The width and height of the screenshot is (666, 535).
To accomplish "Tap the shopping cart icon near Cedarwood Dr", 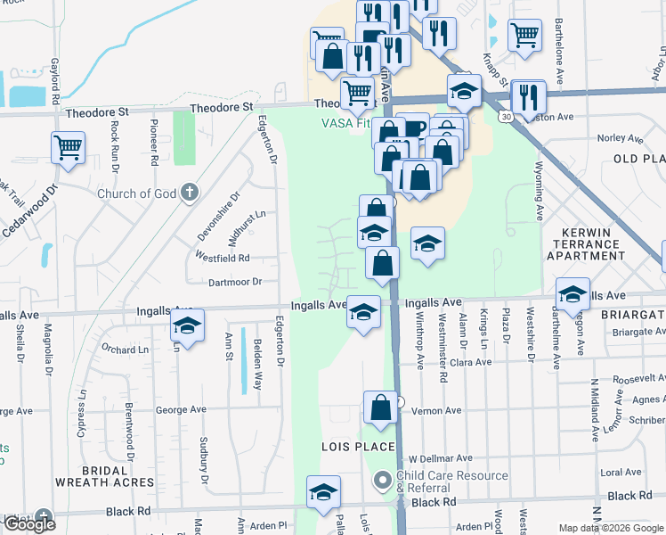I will click(68, 147).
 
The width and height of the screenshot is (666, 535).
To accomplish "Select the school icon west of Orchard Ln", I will click(187, 325).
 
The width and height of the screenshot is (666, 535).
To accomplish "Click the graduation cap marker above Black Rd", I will click(323, 491).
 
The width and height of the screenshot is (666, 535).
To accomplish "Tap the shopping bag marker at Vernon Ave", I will click(380, 408).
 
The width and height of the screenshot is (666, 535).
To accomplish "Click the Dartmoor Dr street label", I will click(234, 282).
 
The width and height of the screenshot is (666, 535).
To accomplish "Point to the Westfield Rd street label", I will click(223, 258).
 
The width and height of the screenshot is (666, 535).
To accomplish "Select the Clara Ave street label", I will click(471, 363).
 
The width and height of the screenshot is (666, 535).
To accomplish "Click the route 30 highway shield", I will click(506, 116).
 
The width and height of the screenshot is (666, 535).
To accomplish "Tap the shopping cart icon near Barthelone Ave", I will click(524, 36).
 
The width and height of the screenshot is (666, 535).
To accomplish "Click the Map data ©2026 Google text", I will click(610, 528).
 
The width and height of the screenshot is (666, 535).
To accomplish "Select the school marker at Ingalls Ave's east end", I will click(573, 294).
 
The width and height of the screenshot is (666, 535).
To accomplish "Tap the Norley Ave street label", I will click(620, 138).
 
